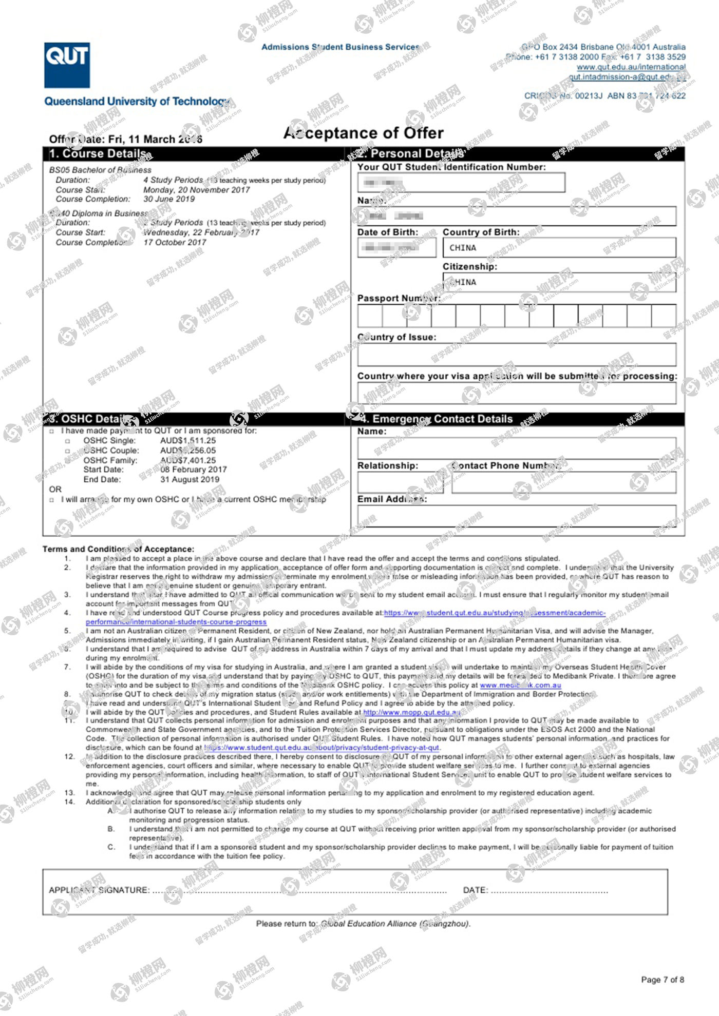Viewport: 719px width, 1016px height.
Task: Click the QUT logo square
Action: coord(67,65)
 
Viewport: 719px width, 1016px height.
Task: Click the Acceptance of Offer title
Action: coord(364,133)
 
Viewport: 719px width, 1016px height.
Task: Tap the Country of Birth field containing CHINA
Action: coord(559,248)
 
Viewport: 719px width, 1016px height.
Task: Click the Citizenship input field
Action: coord(559,282)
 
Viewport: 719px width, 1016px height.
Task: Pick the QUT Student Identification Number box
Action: coord(461,183)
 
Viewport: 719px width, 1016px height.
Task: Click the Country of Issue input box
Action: coord(516,355)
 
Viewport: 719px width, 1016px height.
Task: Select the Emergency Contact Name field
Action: coord(516,448)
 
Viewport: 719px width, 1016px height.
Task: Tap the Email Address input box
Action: coord(516,516)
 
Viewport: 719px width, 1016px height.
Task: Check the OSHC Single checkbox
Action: coord(67,441)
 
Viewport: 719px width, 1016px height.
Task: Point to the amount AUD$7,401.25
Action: coord(188,460)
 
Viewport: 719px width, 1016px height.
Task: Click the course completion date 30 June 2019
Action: coord(169,199)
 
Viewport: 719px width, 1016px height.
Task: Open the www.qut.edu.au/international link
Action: coord(631,67)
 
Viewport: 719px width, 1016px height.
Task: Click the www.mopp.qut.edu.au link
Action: coord(411,712)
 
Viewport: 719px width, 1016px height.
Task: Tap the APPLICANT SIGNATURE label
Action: coord(99,890)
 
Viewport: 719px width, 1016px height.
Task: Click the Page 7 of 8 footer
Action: coord(662,980)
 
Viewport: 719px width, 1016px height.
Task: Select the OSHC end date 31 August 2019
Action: coord(190,479)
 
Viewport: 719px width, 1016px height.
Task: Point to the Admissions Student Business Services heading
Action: coord(340,47)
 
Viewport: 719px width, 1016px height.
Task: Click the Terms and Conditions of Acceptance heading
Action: coord(118,549)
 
